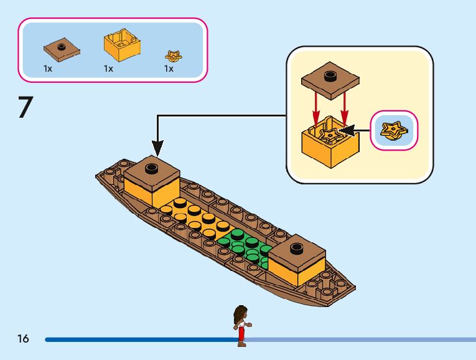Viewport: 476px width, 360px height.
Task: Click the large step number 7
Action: tap(25, 107)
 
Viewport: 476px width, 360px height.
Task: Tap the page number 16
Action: tap(23, 339)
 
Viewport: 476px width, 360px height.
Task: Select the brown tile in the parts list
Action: tap(61, 49)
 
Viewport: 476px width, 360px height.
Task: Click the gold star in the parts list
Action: tap(173, 55)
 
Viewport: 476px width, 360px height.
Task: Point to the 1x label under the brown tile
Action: tap(48, 69)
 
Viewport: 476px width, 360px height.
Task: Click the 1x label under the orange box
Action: tap(109, 69)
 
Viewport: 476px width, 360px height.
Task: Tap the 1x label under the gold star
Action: tap(169, 69)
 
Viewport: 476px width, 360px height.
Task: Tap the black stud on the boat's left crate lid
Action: tap(151, 167)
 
